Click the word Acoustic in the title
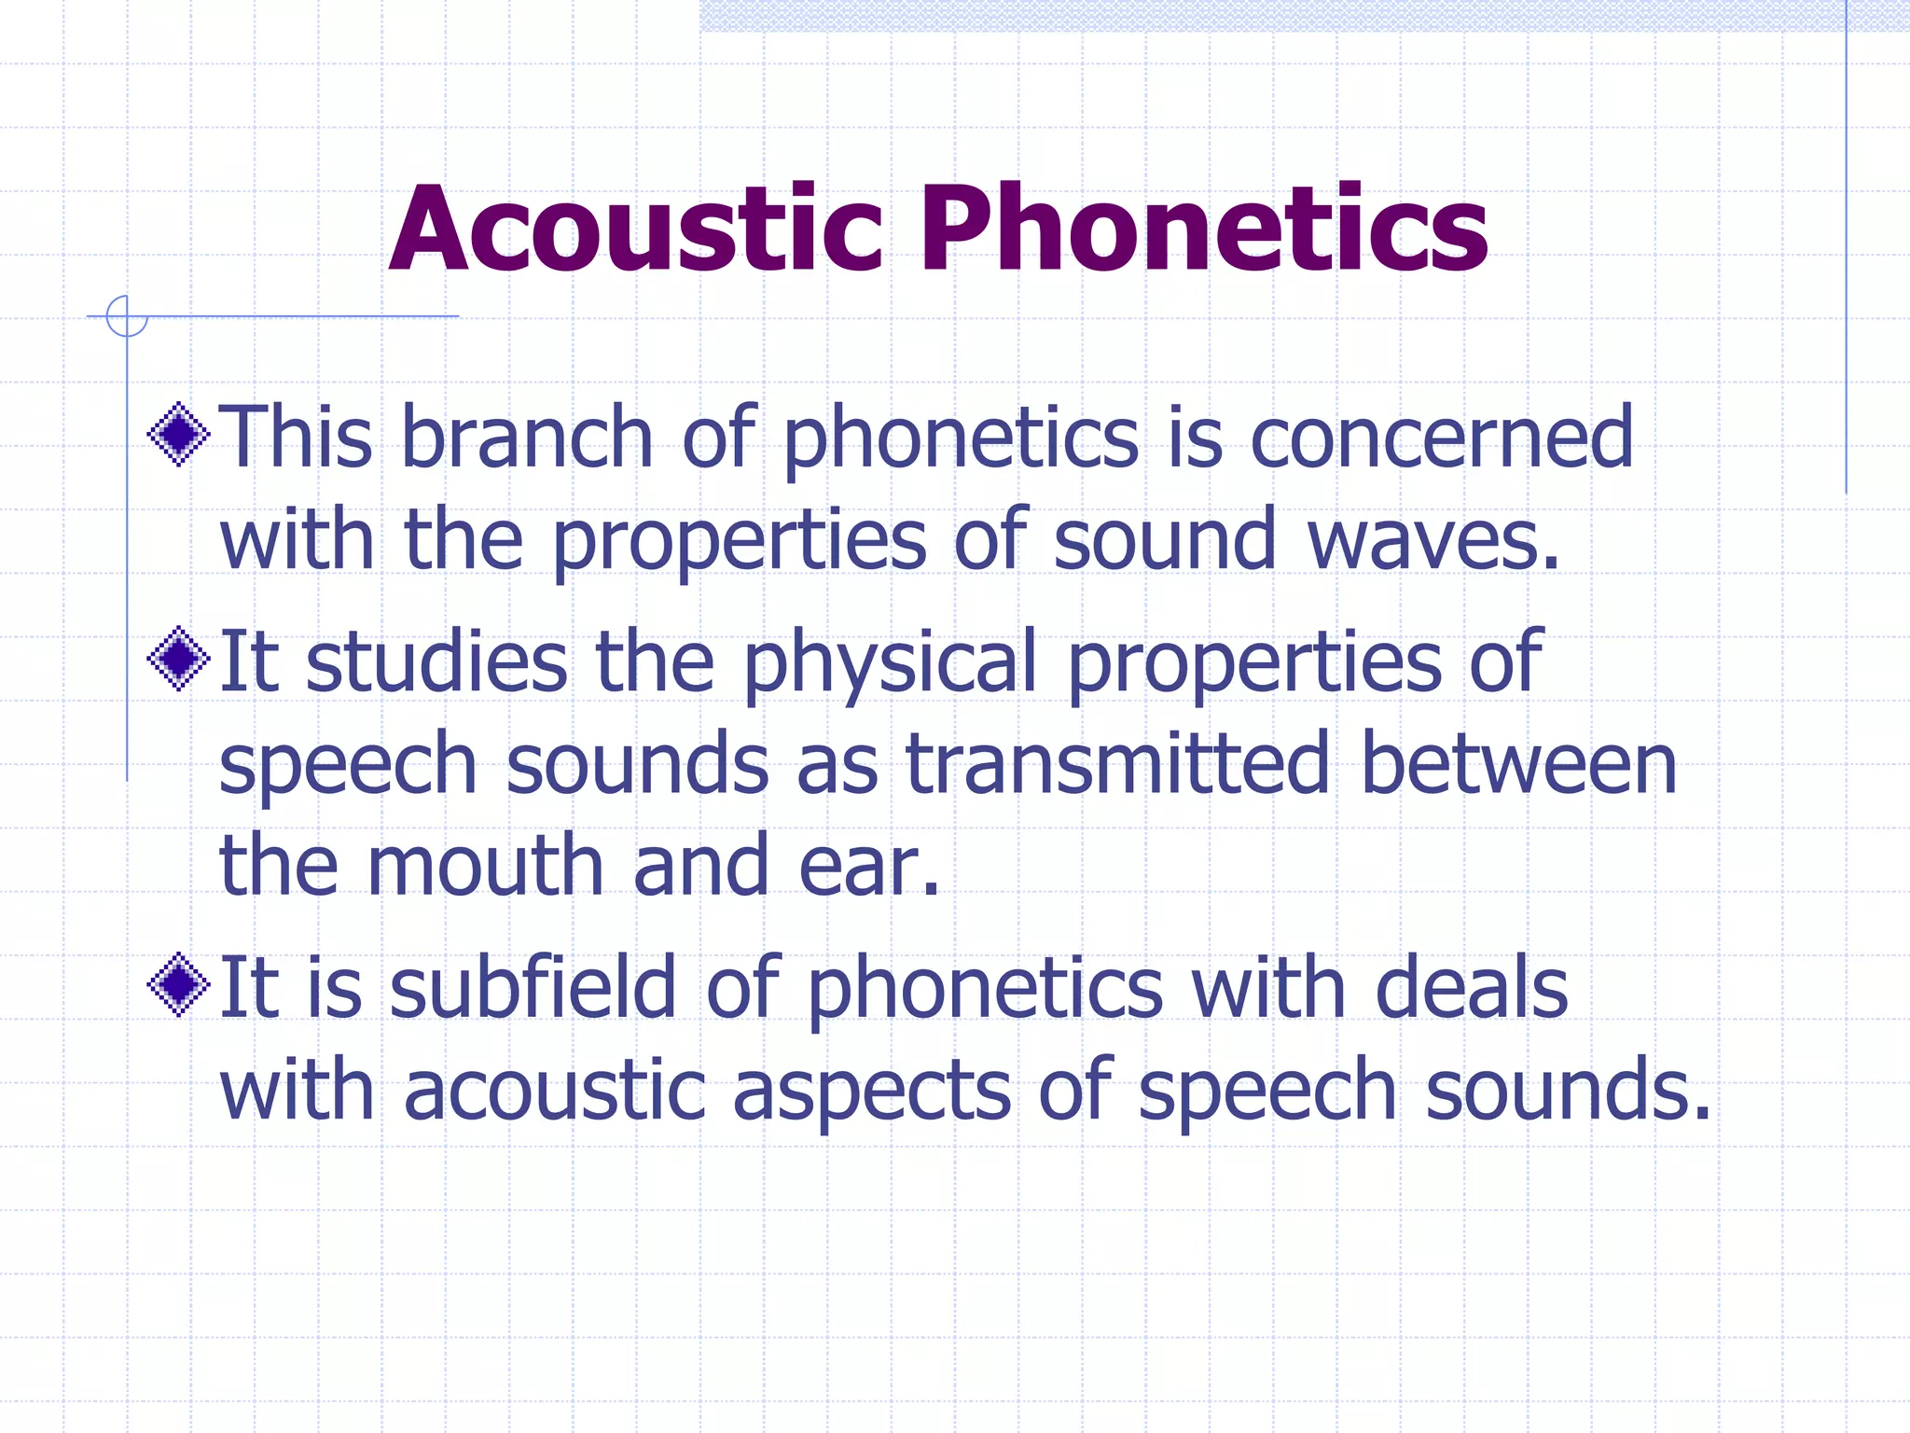point(635,230)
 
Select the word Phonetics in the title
point(1204,230)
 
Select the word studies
point(436,661)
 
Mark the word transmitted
point(1117,764)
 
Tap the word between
point(1518,764)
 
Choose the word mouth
point(486,867)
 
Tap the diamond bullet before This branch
point(178,434)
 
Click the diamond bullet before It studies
point(178,659)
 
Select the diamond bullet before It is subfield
point(178,985)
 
